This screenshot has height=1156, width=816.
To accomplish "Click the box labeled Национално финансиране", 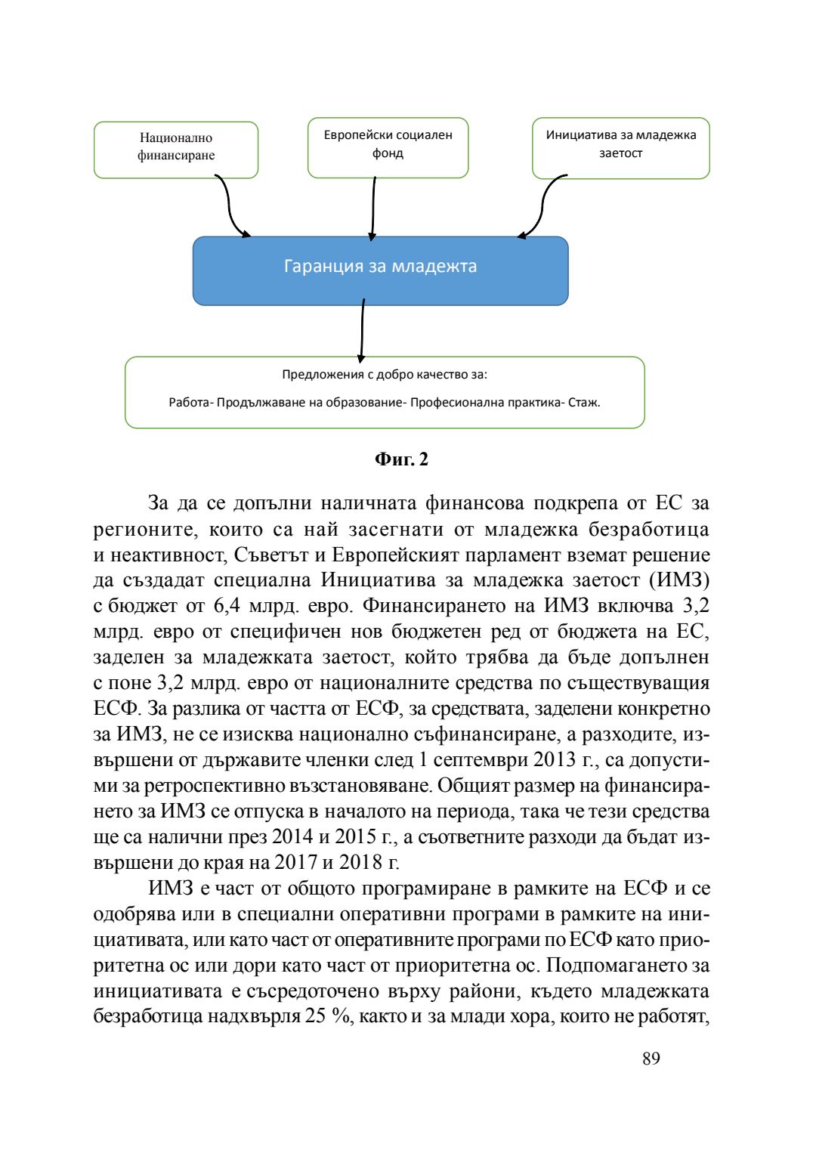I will pos(176,149).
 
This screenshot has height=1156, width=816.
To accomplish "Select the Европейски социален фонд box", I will pos(388,147).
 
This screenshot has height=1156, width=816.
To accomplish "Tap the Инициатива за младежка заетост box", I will pos(620,147).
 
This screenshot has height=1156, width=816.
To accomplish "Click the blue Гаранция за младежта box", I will pos(380,270).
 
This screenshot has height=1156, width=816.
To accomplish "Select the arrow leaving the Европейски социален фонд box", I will pos(373,208).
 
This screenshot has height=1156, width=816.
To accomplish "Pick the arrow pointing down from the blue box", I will pos(363,330).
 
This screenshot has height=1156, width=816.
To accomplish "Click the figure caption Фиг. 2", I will pos(401,459).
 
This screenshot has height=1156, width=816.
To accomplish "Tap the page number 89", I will pos(651,1059).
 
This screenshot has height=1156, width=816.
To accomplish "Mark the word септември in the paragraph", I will pos(481,759).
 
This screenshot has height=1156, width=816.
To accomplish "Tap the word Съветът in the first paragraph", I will pos(271,555).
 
